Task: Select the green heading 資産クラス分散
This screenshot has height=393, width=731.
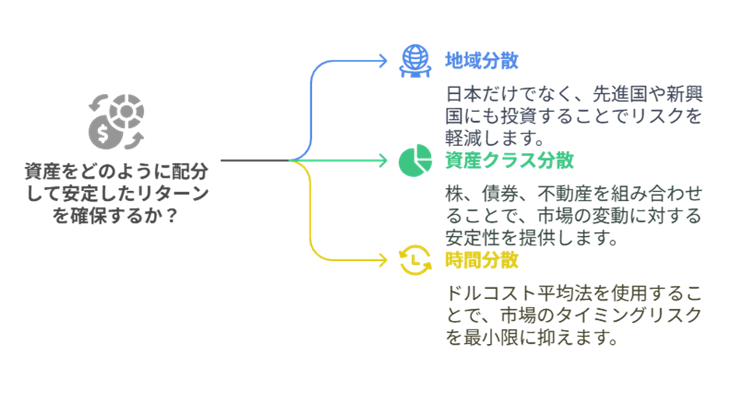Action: point(509,161)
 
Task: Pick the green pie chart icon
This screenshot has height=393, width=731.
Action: point(414,161)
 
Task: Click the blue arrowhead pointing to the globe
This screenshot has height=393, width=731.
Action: point(382,61)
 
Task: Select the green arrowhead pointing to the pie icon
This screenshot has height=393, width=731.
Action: point(382,161)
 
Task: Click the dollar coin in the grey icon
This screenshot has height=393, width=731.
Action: point(103,134)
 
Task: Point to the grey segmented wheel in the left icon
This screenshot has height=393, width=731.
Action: point(126,113)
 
